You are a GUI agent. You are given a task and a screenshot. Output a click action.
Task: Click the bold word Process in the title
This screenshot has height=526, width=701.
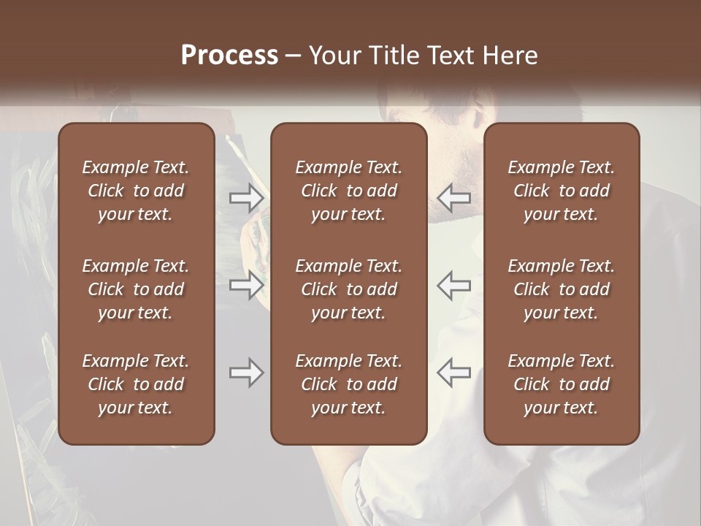tap(229, 56)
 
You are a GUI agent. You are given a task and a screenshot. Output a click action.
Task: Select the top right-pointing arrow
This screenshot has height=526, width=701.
tap(247, 197)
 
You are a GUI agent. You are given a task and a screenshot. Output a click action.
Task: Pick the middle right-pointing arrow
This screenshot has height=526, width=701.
tap(247, 285)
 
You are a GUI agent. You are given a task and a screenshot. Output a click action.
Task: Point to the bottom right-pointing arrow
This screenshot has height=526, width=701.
tap(247, 373)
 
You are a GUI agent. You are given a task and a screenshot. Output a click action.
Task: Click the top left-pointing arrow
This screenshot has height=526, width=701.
tap(453, 197)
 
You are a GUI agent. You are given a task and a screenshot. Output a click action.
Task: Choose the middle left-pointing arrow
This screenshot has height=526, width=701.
tap(453, 285)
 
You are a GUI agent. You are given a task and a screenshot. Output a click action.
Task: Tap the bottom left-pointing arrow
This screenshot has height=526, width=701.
tap(453, 373)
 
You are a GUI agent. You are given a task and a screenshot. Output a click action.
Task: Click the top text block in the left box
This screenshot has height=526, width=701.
tap(136, 191)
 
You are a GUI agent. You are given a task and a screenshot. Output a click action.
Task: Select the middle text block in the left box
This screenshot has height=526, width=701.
tap(136, 289)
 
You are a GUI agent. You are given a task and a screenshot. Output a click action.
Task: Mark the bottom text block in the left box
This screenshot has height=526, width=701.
tap(136, 384)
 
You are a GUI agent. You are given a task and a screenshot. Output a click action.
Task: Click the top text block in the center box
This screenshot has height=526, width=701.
tap(348, 191)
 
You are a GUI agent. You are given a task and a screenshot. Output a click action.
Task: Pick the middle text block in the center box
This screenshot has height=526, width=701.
tap(348, 289)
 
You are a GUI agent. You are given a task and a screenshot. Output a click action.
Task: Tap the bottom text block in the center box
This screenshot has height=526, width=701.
tap(348, 384)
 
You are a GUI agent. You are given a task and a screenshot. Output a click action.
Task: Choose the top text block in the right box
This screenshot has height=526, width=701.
tap(561, 191)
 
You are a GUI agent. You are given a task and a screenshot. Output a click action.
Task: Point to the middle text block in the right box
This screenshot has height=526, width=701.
tap(561, 289)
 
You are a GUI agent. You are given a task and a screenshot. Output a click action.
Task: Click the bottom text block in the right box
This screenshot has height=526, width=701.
tap(561, 384)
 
